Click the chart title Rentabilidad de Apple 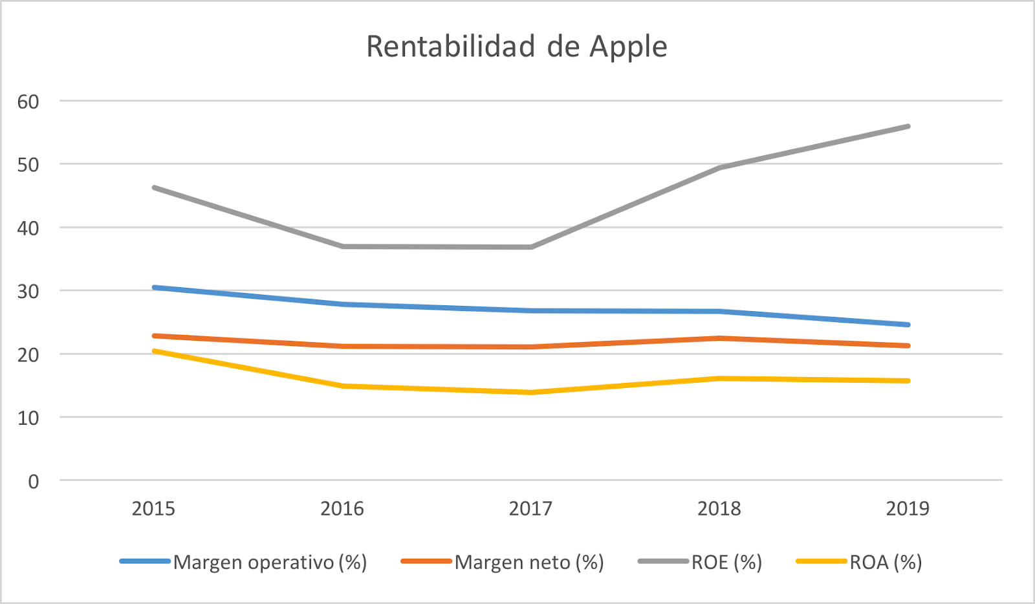[516, 47]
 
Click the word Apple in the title [627, 47]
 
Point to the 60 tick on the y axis [28, 102]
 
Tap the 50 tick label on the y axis [28, 165]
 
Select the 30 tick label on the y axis [28, 292]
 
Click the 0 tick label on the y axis [34, 482]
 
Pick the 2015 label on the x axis [153, 509]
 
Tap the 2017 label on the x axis [530, 509]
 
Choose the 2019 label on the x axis [908, 509]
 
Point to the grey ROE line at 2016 [342, 246]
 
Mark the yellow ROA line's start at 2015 [154, 351]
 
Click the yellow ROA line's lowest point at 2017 [530, 392]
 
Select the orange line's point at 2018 [719, 338]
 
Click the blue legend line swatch [145, 561]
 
